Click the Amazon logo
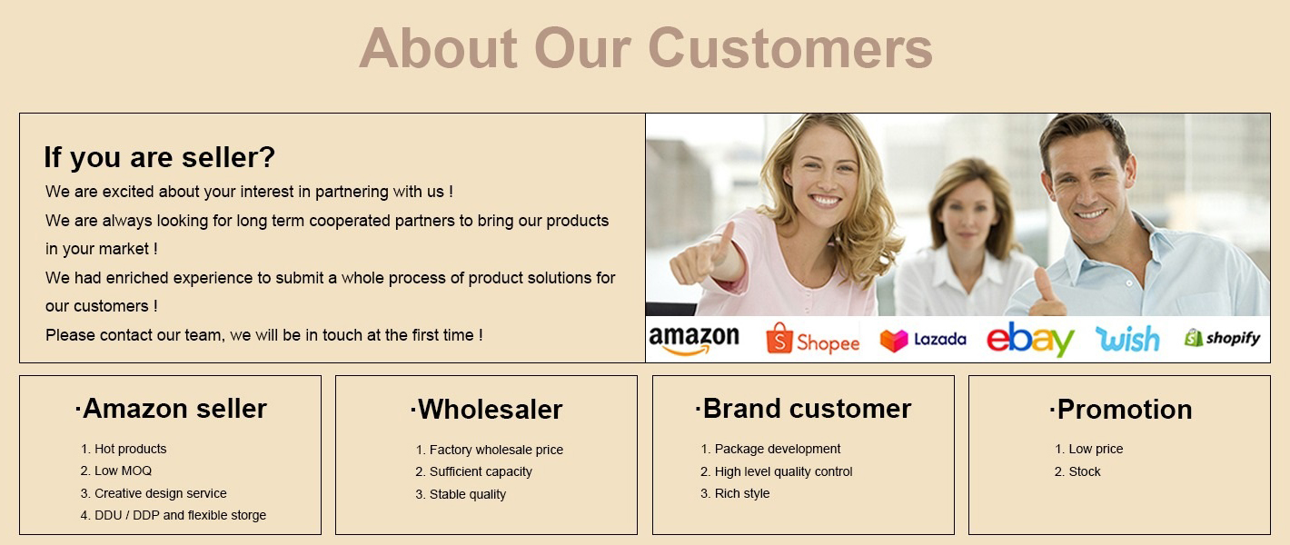[694, 340]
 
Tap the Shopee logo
[812, 340]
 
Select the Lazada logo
[923, 340]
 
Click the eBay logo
[1030, 340]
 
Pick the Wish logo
[1127, 339]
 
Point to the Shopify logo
[1222, 338]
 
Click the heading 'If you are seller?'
[159, 157]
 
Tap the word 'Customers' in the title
[789, 47]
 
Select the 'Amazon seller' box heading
[171, 409]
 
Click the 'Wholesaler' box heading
[486, 410]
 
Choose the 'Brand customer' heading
[803, 409]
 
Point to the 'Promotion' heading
[1120, 410]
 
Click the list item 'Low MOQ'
[123, 471]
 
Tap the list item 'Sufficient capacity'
[481, 471]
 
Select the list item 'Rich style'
[741, 493]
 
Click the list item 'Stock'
[1084, 471]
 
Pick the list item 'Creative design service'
[160, 493]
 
